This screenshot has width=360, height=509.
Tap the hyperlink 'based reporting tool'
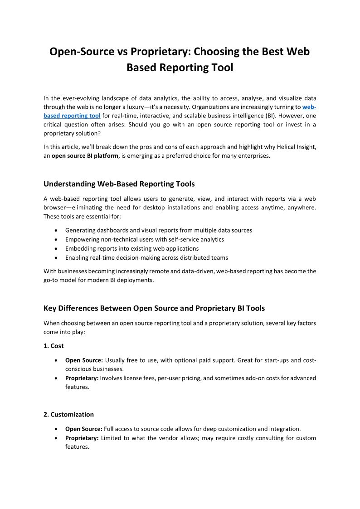72,116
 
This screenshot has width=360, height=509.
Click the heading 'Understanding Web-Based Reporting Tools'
119,184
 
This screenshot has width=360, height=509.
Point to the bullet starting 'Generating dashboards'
158,230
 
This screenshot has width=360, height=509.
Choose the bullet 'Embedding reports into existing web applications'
132,248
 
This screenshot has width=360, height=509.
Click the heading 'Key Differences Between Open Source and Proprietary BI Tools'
154,308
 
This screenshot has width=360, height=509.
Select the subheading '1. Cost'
54,346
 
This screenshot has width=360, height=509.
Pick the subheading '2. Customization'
68,414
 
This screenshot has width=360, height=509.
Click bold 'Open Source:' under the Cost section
84,360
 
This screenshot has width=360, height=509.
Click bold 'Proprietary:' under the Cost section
82,378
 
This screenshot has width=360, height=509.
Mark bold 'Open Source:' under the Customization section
84,429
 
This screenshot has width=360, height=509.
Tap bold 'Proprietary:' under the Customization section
82,438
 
